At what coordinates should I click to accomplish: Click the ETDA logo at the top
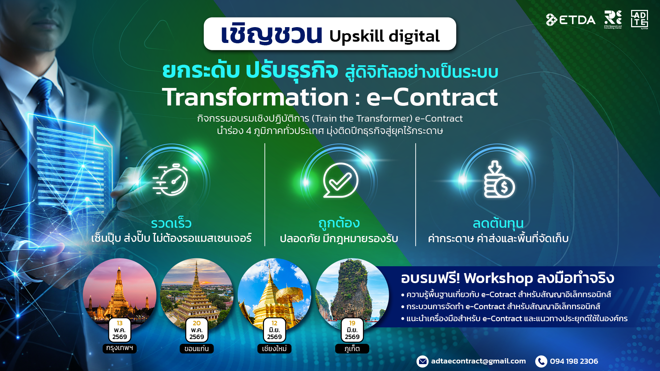571,20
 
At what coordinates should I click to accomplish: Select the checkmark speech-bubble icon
340,180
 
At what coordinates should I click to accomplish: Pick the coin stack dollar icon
498,180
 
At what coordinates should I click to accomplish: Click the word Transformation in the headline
255,97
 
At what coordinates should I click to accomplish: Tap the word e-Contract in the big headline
432,97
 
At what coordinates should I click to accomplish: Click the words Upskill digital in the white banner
384,36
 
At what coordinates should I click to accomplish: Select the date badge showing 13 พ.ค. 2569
120,330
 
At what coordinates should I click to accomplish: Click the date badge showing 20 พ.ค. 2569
197,330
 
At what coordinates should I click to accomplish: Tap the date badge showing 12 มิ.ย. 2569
274,330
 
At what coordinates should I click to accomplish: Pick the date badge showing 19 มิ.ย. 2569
352,330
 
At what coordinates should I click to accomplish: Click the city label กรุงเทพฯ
120,348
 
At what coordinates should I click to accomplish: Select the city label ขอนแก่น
197,349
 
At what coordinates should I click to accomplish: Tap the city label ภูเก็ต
352,349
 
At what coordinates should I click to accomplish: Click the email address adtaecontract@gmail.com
478,361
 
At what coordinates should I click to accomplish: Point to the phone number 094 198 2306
574,361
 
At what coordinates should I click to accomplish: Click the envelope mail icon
422,361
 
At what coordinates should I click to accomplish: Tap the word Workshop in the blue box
498,278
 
